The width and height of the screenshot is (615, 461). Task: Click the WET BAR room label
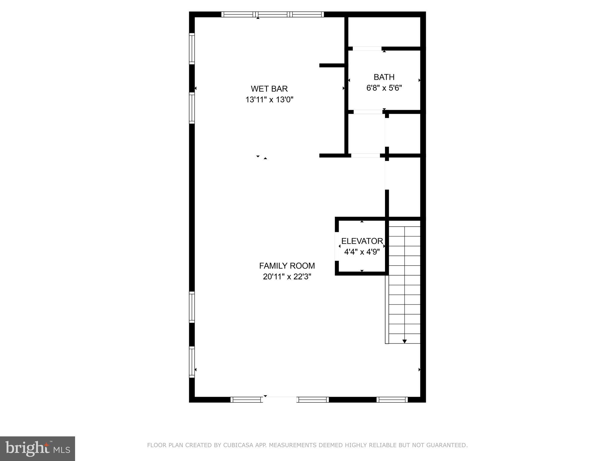tap(269, 89)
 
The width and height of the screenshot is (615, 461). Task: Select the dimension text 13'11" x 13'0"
tap(269, 100)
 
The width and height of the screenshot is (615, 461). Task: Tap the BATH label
tap(384, 77)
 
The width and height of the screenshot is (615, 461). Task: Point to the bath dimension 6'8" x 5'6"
tap(384, 88)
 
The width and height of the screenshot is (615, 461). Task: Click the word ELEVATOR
tap(362, 241)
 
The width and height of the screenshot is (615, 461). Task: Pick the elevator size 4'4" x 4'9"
tap(362, 252)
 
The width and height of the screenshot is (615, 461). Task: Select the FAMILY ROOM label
tap(287, 266)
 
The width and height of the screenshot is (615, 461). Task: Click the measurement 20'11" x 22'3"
tap(287, 276)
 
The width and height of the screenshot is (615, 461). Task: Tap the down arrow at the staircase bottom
tap(404, 341)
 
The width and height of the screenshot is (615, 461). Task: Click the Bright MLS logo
tap(38, 448)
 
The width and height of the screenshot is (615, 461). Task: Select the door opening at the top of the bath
tap(367, 48)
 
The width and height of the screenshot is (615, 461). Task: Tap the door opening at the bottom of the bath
tap(368, 112)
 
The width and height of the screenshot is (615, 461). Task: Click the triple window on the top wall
tap(273, 14)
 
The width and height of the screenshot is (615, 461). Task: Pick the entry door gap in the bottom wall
tap(280, 399)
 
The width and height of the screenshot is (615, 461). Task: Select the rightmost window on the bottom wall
tap(392, 399)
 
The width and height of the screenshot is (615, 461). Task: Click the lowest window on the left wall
tap(192, 362)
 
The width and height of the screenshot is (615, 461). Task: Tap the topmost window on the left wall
tap(192, 48)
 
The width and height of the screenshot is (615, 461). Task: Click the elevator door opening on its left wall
tap(337, 246)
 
